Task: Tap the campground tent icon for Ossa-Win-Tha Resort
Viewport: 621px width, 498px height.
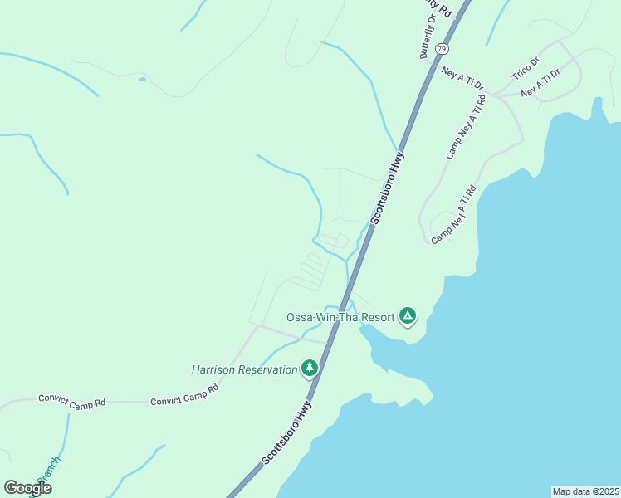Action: click(407, 315)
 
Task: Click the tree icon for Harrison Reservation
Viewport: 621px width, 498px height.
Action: click(310, 367)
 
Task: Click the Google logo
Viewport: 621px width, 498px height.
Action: click(27, 488)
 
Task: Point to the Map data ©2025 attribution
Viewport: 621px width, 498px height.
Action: click(585, 491)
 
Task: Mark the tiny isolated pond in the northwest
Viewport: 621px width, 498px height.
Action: click(143, 80)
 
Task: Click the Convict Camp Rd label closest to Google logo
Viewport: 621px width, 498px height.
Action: click(72, 400)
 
